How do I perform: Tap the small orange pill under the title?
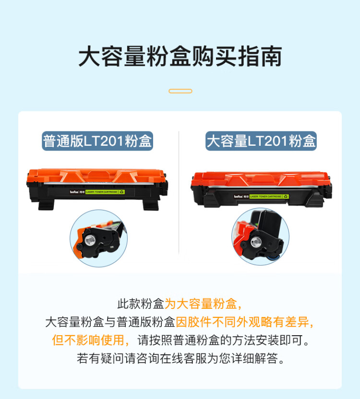(x=180, y=91)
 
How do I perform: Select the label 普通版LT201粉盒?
(x=97, y=141)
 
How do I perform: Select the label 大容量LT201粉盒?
(x=261, y=141)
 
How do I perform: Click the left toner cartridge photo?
(x=96, y=187)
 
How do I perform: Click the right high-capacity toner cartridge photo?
(x=261, y=188)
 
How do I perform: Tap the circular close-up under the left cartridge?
(x=98, y=238)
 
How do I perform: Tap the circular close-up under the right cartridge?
(x=260, y=236)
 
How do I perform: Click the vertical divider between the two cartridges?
(x=179, y=192)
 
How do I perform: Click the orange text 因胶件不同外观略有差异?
(x=245, y=322)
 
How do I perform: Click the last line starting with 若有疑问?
(x=180, y=358)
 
